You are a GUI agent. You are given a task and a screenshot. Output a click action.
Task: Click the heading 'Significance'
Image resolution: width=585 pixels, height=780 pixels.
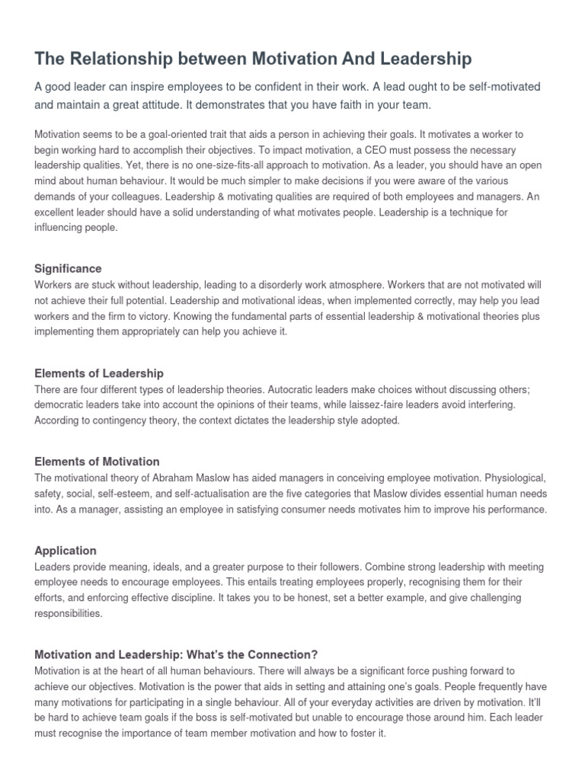coord(69,268)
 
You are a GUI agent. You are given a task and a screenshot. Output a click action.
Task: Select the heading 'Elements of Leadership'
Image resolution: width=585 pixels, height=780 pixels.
coord(99,373)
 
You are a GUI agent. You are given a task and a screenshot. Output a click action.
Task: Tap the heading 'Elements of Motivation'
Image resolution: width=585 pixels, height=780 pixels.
coord(97,462)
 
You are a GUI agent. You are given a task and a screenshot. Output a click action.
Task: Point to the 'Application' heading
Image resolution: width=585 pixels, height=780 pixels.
coord(66,550)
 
